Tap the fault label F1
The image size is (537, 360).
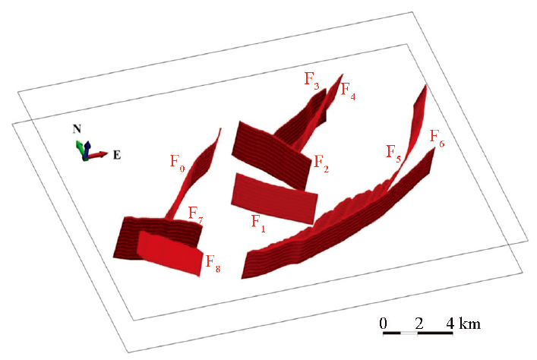pyautogui.click(x=258, y=223)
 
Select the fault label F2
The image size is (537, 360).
pyautogui.click(x=321, y=163)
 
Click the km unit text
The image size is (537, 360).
pyautogui.click(x=469, y=324)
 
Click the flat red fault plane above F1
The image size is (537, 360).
pyautogui.click(x=274, y=199)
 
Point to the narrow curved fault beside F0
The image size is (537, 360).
pyautogui.click(x=194, y=175)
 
